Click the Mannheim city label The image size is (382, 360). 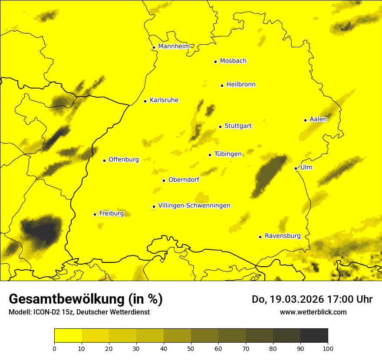click(x=174, y=46)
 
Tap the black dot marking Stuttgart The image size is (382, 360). click(x=221, y=127)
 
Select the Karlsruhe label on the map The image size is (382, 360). click(x=164, y=100)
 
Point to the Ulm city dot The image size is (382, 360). click(x=296, y=168)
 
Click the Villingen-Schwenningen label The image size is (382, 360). click(x=194, y=206)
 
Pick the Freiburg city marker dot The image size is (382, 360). click(x=95, y=214)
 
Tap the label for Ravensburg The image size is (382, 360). click(x=283, y=236)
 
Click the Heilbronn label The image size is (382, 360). click(x=241, y=85)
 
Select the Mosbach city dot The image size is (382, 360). click(x=215, y=62)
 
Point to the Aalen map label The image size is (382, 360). click(x=318, y=119)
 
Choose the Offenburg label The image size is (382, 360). click(x=124, y=160)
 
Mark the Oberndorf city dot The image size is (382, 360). click(x=164, y=180)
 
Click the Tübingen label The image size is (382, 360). click(x=228, y=154)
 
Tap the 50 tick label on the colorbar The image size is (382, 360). click(x=191, y=348)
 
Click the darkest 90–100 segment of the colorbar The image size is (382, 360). click(x=314, y=335)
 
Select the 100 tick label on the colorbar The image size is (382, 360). click(x=328, y=348)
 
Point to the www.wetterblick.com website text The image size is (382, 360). click(x=313, y=312)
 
